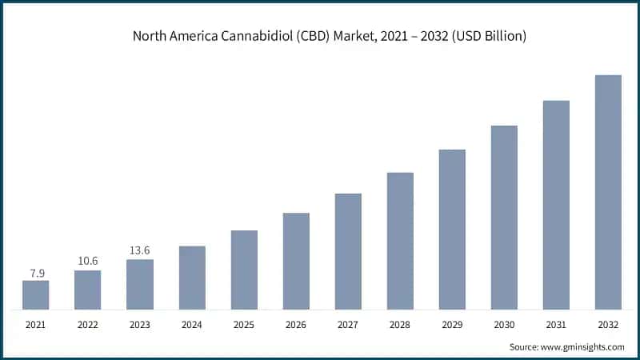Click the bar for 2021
[35, 294]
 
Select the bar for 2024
[192, 278]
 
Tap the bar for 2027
[348, 251]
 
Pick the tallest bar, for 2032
[608, 192]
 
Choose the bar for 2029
[452, 229]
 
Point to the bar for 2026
[296, 261]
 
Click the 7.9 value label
[35, 273]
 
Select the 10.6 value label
[87, 262]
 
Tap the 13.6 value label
[139, 251]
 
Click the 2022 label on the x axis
[87, 326]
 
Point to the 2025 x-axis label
[244, 326]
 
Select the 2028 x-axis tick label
[400, 326]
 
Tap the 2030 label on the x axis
[504, 326]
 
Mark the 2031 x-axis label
[556, 326]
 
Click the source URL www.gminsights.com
[584, 347]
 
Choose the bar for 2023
[139, 284]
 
